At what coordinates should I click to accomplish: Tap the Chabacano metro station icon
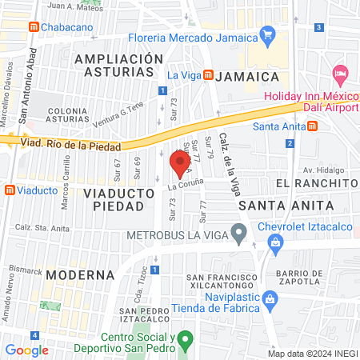tap(34, 26)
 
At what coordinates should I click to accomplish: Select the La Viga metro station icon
tap(208, 75)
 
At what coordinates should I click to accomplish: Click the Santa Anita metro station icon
tap(313, 126)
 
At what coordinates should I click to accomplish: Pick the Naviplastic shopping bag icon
tap(270, 300)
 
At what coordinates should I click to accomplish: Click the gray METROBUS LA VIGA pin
tap(238, 234)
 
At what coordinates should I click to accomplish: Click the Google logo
tap(26, 350)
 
